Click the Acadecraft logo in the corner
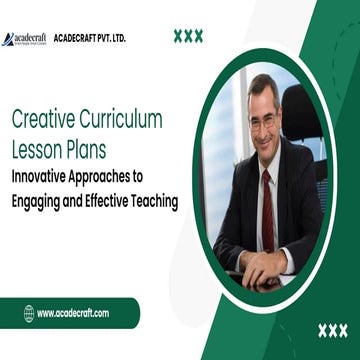click(24, 38)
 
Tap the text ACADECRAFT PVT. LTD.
click(90, 38)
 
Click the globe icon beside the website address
click(29, 313)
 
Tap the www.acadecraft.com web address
click(73, 313)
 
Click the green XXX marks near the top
click(188, 36)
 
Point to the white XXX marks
click(332, 330)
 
